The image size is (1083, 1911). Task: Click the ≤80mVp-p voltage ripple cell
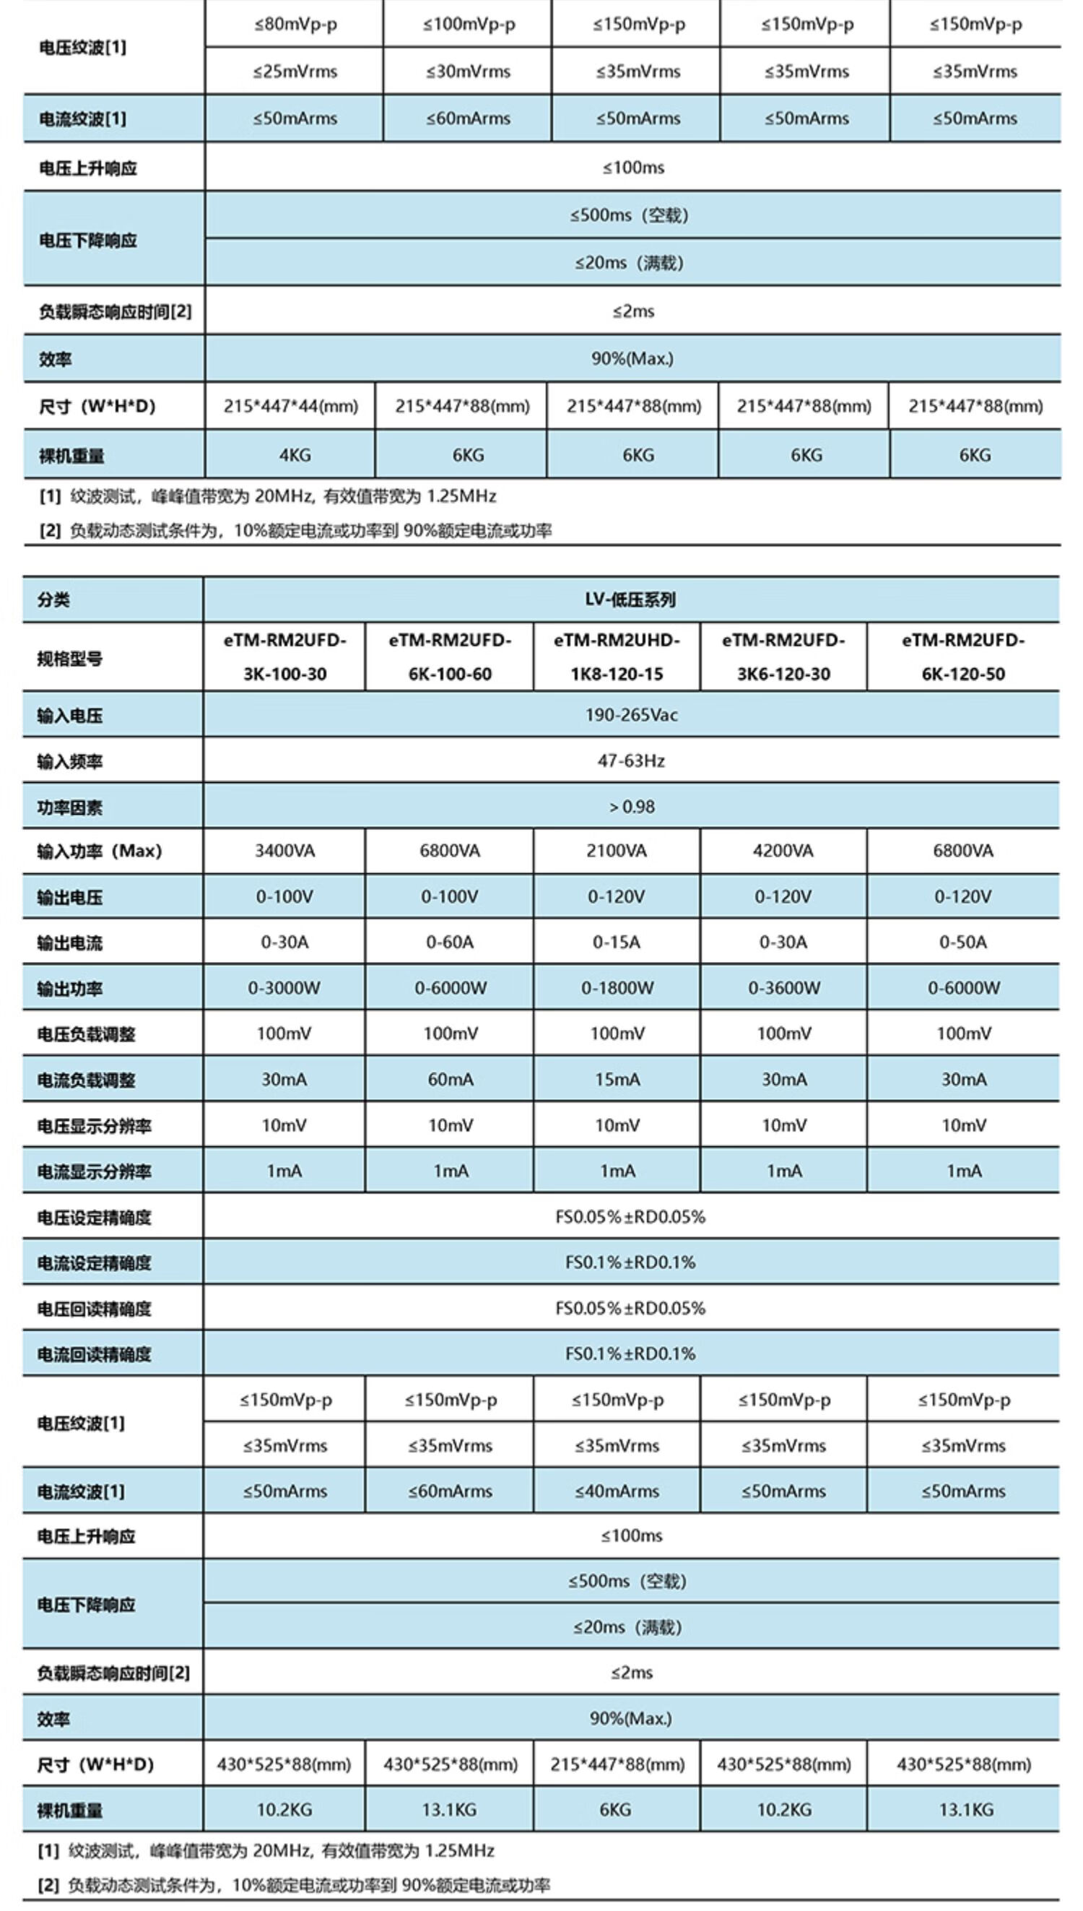[x=295, y=25]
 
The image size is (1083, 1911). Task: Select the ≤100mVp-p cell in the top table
[x=468, y=25]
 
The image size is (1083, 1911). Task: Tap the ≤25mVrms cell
[x=295, y=72]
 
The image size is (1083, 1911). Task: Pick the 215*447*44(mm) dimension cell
[x=290, y=406]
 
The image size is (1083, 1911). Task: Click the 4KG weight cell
[x=295, y=455]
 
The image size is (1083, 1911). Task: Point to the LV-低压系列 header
[x=630, y=599]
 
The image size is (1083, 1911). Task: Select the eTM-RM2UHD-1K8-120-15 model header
[x=616, y=656]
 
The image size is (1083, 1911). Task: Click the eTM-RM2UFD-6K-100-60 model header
[x=449, y=656]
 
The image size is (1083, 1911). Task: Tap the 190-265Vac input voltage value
[x=631, y=715]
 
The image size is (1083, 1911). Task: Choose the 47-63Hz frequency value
[x=631, y=761]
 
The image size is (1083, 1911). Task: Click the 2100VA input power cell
[x=616, y=851]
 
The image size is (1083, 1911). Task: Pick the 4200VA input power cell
[x=783, y=851]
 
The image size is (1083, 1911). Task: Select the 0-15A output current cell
[x=616, y=942]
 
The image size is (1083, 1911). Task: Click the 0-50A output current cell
[x=962, y=942]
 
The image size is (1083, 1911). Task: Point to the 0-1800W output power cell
[x=617, y=989]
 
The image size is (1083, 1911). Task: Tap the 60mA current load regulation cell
[x=450, y=1079]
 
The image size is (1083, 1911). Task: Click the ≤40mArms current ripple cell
[x=617, y=1491]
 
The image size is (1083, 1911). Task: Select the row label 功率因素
[x=70, y=808]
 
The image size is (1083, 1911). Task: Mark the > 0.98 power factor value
[x=632, y=807]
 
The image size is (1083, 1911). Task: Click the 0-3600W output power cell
[x=783, y=989]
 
